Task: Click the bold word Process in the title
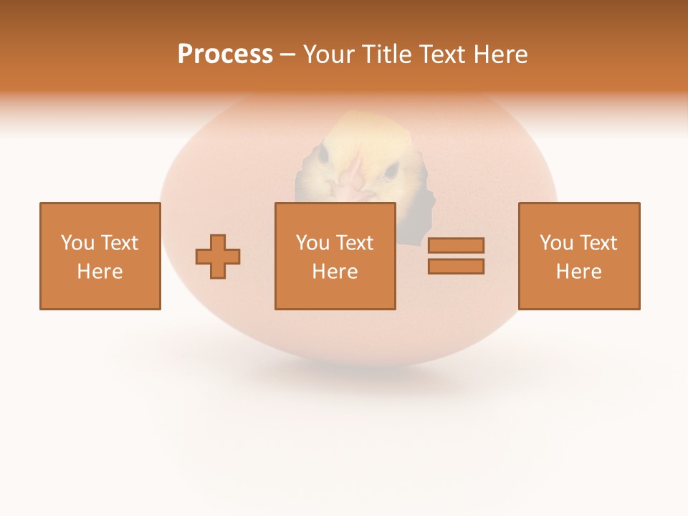point(225,54)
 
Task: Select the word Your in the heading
point(329,54)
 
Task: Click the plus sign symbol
point(218,256)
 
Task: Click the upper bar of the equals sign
point(456,245)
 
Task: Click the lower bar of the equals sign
point(456,266)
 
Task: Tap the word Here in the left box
point(100,272)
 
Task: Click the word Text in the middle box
point(355,243)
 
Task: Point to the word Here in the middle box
point(335,272)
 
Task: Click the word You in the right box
point(557,243)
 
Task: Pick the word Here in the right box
point(578,272)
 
